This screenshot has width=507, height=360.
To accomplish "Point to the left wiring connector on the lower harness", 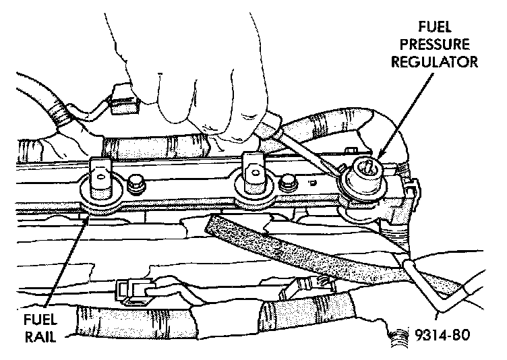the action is click(133, 290).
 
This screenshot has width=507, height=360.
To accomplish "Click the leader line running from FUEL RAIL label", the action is click(65, 263).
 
